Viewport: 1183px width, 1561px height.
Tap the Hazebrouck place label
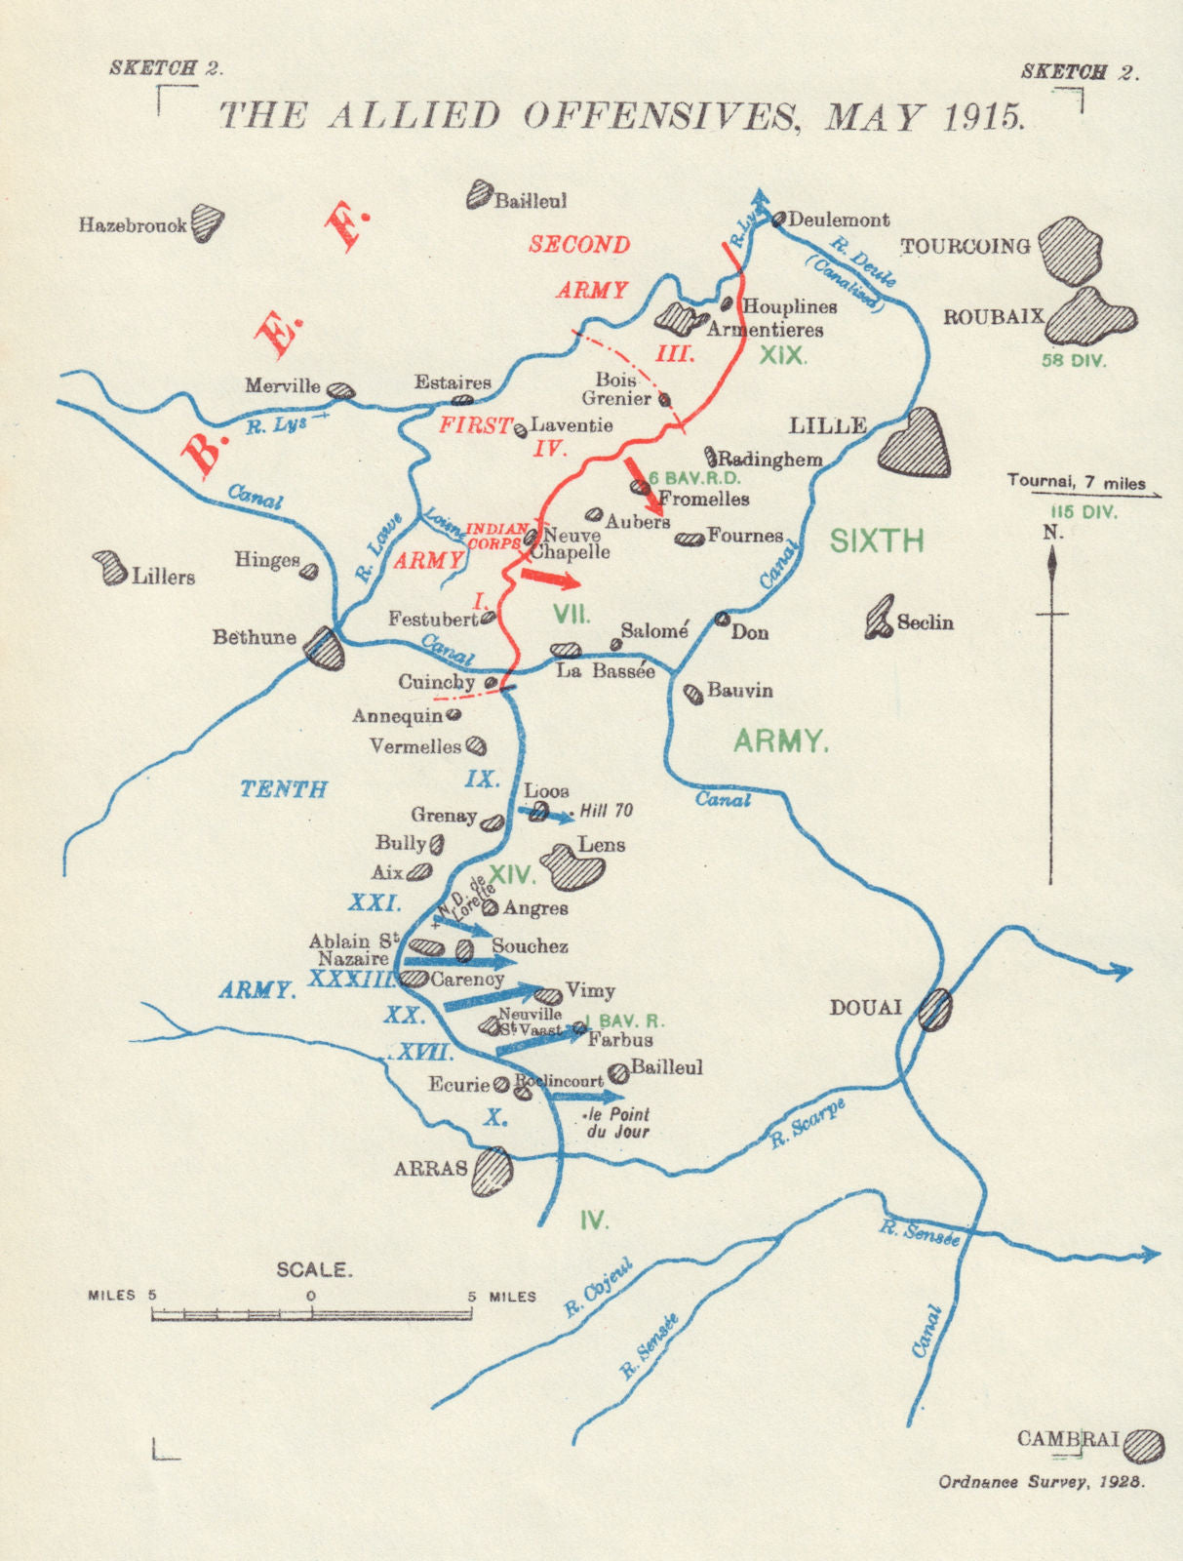tap(133, 225)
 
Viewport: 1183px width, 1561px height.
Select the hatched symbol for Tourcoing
tap(1070, 250)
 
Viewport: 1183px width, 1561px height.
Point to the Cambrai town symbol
tap(1144, 1445)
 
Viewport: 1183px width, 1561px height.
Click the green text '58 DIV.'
tap(1074, 361)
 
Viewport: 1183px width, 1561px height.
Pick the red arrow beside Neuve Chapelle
tap(549, 578)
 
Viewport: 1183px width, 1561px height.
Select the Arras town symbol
tap(492, 1171)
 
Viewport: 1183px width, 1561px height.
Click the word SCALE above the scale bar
tap(313, 1269)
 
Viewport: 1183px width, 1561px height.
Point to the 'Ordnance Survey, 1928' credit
tap(1042, 1482)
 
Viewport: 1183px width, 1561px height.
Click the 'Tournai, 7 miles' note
tap(1077, 482)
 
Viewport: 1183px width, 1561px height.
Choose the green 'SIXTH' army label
tap(877, 540)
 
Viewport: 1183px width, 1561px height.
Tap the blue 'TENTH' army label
tap(284, 788)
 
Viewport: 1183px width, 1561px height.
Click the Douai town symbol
tap(935, 1010)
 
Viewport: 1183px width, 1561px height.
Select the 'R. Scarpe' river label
tap(806, 1123)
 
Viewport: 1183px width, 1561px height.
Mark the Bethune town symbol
tap(324, 647)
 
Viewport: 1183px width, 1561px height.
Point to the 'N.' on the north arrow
tap(1052, 533)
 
